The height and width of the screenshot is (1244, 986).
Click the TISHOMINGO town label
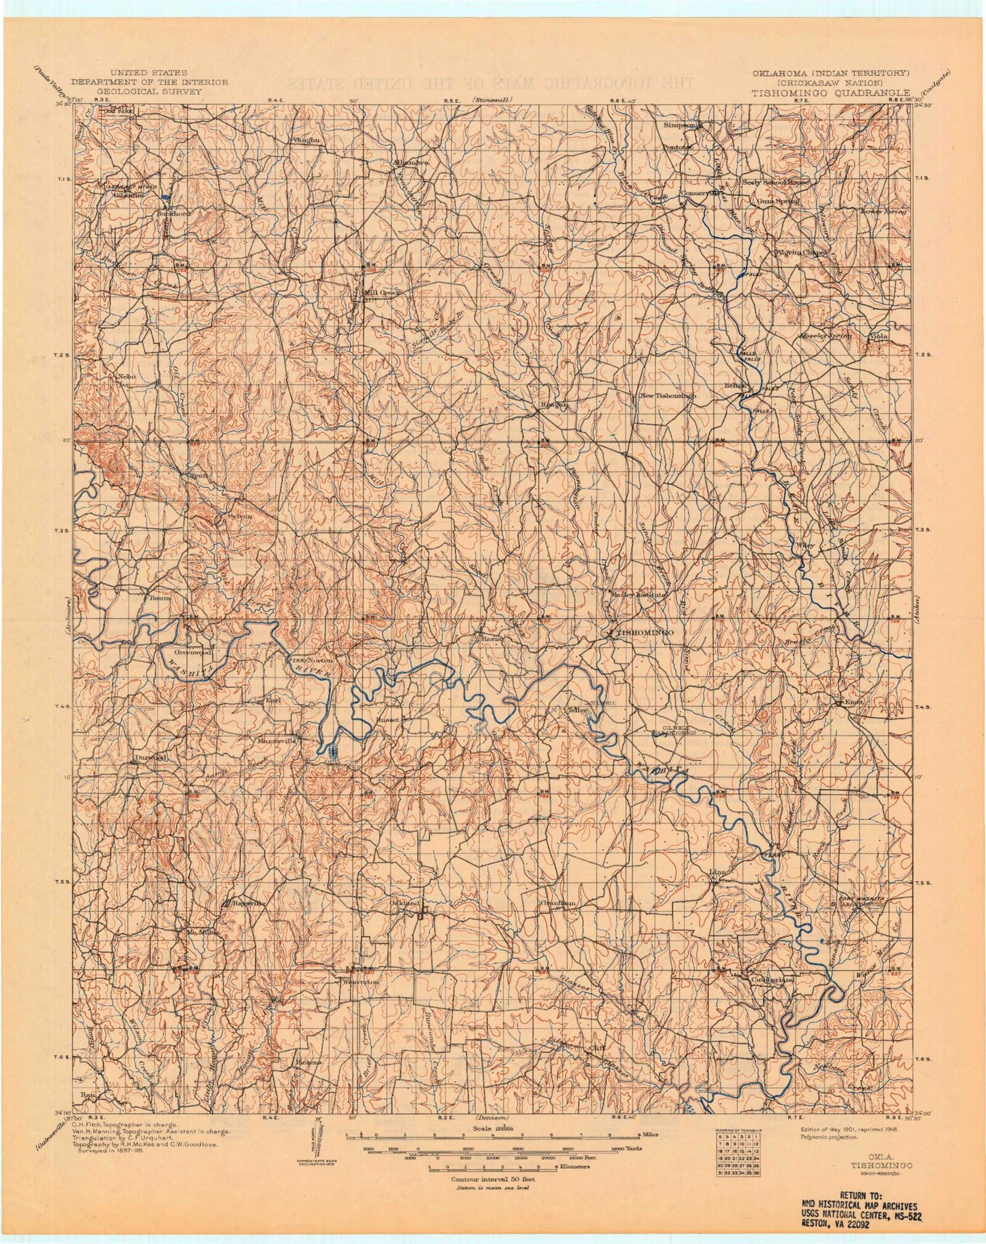(644, 633)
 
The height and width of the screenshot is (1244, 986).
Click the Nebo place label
(127, 377)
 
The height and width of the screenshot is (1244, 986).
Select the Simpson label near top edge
(680, 126)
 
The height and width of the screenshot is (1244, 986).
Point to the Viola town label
(880, 337)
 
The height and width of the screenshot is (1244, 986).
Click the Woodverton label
(360, 981)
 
